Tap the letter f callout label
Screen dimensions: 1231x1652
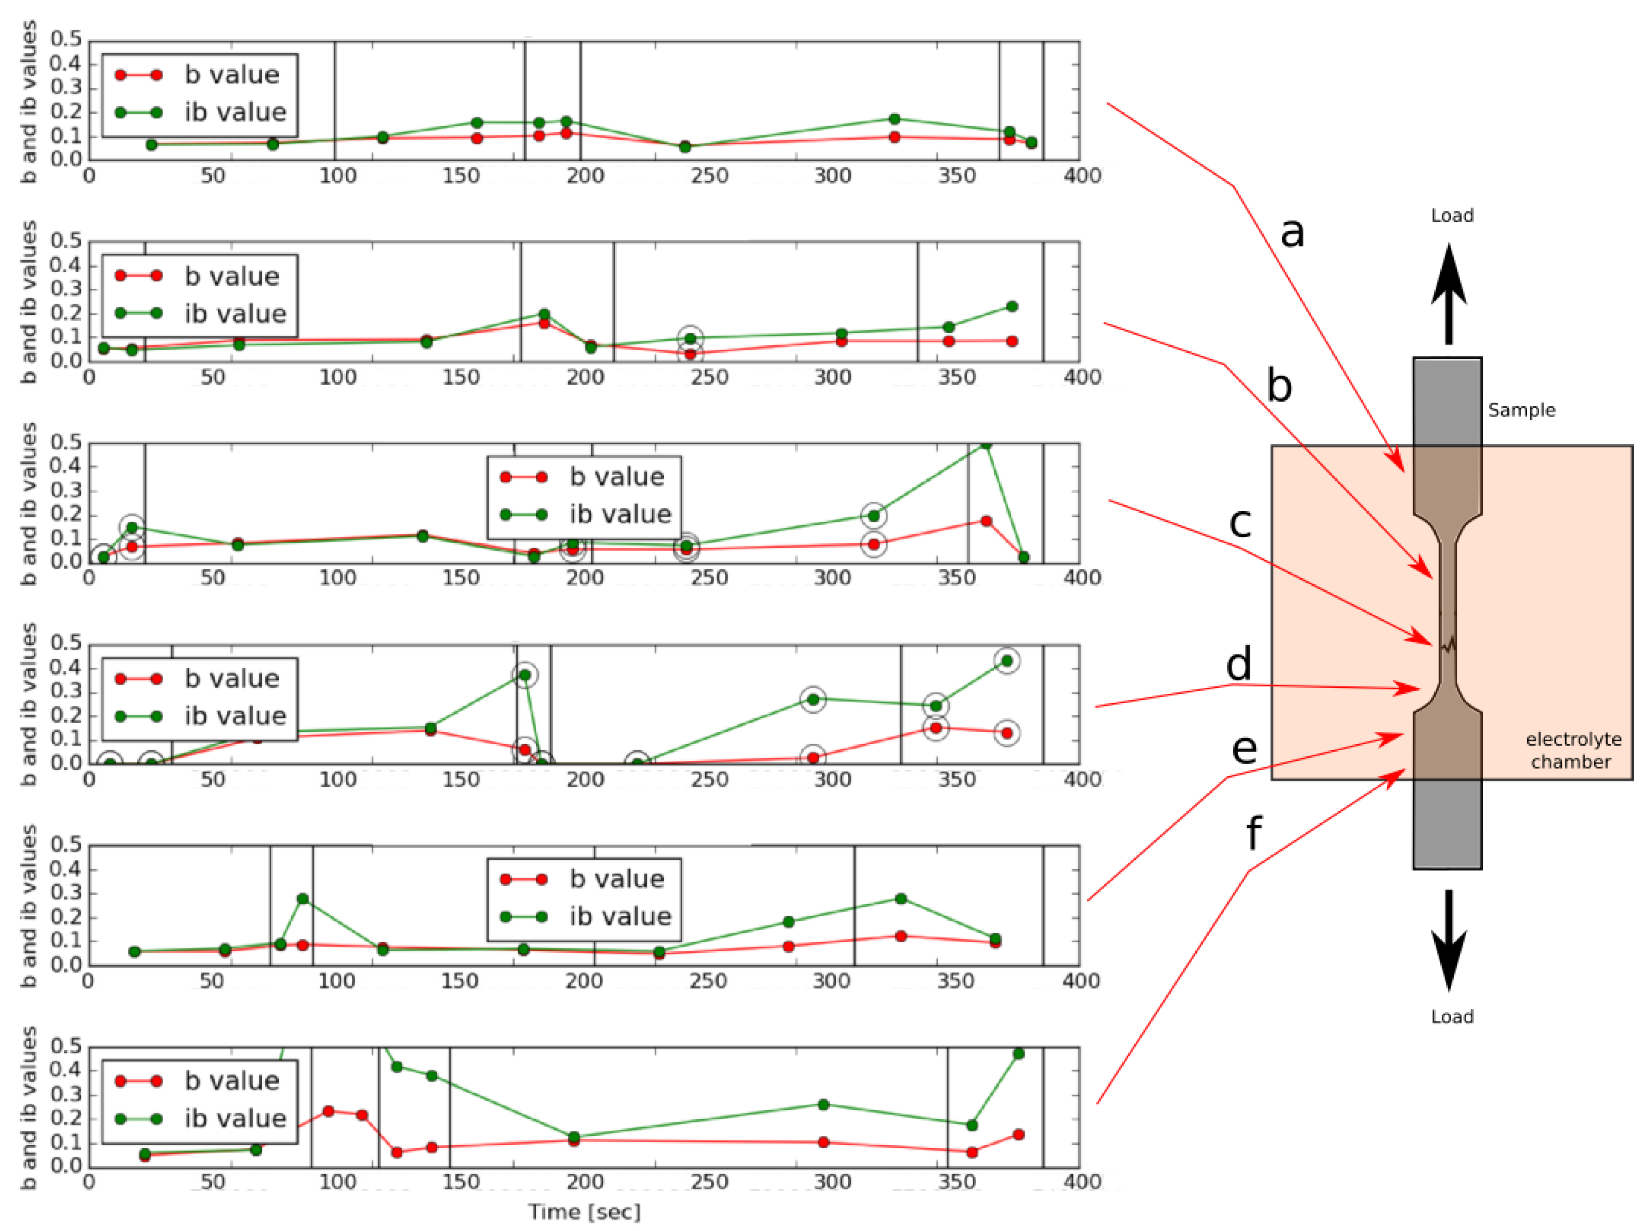pos(1255,833)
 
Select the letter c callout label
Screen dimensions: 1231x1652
pos(1240,522)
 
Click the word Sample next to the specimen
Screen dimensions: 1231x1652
pos(1521,410)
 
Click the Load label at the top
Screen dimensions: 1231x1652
pos(1451,216)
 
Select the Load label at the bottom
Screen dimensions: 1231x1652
pos(1451,1017)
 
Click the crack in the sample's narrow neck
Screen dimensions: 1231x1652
pos(1448,643)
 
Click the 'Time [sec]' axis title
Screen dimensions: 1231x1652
pos(584,1212)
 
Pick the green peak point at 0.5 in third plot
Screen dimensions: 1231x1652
pos(986,445)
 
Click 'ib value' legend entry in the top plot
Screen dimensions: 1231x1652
pos(235,112)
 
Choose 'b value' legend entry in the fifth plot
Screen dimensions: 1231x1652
pos(617,879)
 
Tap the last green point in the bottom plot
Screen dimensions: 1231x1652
pos(1019,1053)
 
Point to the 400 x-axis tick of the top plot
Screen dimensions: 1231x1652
pos(1081,176)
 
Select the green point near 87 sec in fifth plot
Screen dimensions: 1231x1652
pos(303,899)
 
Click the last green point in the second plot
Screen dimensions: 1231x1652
pos(1011,306)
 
